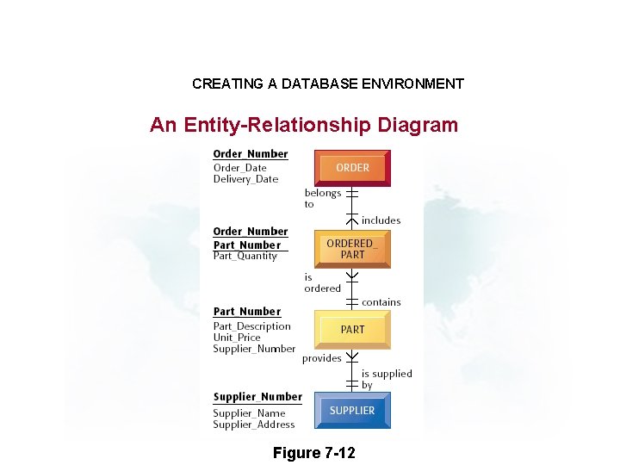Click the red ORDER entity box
[352, 168]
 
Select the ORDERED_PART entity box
[352, 249]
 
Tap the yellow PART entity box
[352, 330]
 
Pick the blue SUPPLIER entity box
[352, 411]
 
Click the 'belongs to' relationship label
[322, 198]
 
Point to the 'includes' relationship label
[381, 220]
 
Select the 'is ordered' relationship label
[322, 282]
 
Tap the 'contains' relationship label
[381, 302]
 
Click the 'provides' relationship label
[321, 358]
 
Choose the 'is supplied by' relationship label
[386, 379]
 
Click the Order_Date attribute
[239, 168]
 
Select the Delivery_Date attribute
[245, 179]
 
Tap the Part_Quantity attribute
[245, 256]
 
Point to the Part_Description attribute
[251, 326]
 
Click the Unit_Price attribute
[237, 338]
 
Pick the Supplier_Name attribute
[249, 413]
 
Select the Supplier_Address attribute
[253, 425]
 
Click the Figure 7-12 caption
[313, 453]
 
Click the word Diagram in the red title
[417, 125]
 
